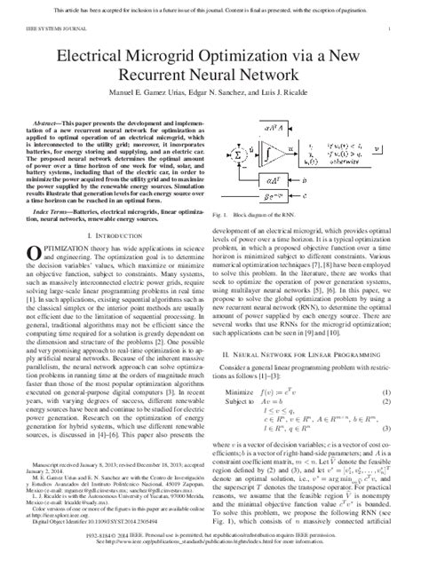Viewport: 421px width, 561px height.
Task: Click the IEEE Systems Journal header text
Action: pos(54,28)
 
